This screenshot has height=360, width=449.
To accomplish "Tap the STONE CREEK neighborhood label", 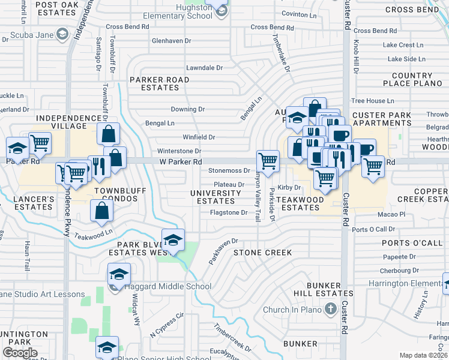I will [263, 253].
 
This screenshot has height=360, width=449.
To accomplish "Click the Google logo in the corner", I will [20, 353].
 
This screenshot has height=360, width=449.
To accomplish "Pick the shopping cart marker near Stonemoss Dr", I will [268, 160].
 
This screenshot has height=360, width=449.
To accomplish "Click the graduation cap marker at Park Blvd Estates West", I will [173, 240].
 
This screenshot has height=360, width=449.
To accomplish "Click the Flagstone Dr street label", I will [229, 212].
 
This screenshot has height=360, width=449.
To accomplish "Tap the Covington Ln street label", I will [299, 14].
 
